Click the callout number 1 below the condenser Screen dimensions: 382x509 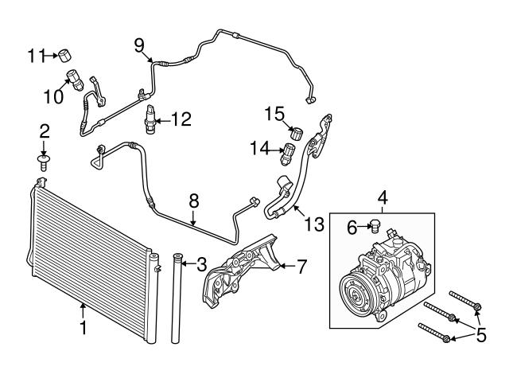[82, 327]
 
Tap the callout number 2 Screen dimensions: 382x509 [45, 131]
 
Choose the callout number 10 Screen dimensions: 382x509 [52, 97]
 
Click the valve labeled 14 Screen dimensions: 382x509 [291, 148]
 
